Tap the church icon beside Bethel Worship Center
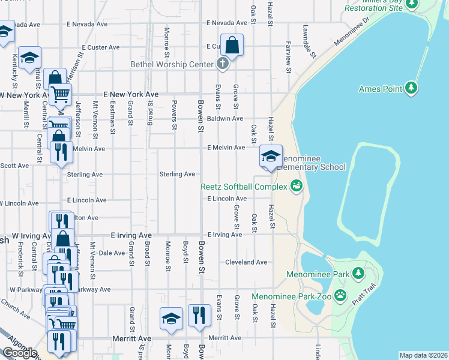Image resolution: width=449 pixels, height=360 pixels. pos(223,64)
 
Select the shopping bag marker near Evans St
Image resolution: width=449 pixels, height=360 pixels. pos(232,45)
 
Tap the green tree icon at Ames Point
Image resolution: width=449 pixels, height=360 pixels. pos(411,88)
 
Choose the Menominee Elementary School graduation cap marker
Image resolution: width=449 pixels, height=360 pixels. pos(271,157)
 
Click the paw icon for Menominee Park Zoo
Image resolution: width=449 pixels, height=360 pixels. pos(340,295)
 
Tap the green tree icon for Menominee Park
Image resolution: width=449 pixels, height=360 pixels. pos(358,274)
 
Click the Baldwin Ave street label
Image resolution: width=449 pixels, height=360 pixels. pos(225,119)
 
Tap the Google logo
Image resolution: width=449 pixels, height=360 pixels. pos(20,352)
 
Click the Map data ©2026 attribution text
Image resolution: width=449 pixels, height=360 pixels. pos(423,355)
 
